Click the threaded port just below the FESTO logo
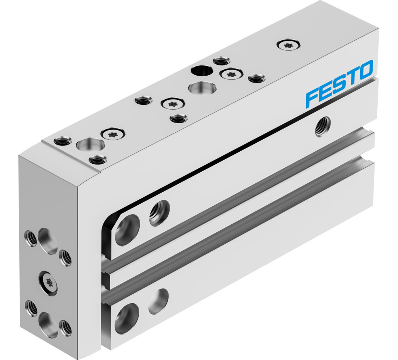[x=323, y=127]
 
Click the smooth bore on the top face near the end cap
[x=90, y=145]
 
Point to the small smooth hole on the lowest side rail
[x=159, y=301]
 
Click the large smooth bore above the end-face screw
[x=49, y=241]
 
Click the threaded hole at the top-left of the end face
[x=29, y=237]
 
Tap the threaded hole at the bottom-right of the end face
[x=65, y=328]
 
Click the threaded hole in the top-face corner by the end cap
[x=60, y=141]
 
